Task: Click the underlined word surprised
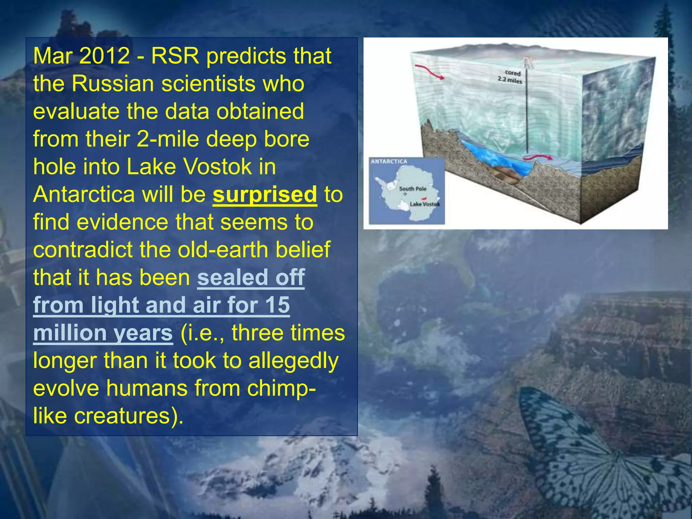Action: coord(265,195)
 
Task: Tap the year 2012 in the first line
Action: coord(104,56)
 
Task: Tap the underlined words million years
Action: coord(103,333)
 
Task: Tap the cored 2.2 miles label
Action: coord(511,77)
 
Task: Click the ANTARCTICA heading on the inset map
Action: coord(389,162)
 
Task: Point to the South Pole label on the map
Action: coord(413,189)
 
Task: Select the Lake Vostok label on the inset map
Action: coord(424,204)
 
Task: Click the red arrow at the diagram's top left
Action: coord(429,72)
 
